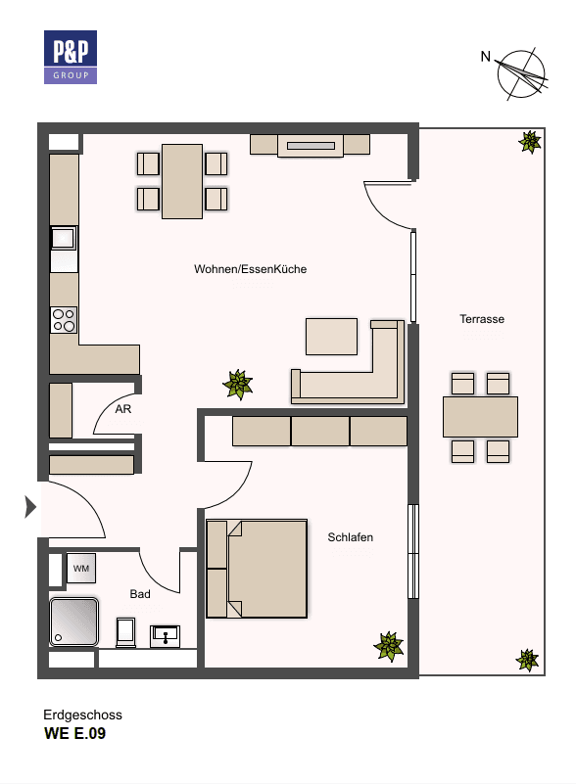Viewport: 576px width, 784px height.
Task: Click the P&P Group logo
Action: (70, 57)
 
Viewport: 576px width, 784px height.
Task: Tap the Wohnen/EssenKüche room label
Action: (251, 269)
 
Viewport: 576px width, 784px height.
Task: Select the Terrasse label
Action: (482, 319)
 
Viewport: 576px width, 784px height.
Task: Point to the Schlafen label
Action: (351, 537)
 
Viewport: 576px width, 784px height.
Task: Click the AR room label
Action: (123, 409)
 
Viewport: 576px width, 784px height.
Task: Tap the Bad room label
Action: (140, 593)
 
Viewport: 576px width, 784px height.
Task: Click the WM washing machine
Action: (80, 567)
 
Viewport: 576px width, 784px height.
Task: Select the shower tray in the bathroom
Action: (74, 623)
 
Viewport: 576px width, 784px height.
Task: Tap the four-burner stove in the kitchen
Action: (64, 320)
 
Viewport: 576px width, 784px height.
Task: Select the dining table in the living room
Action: (182, 181)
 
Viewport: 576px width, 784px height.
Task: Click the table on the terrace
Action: (480, 417)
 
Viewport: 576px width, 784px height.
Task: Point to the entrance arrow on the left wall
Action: (30, 507)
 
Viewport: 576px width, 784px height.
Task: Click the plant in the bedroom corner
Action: (389, 645)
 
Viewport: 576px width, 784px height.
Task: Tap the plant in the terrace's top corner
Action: (529, 142)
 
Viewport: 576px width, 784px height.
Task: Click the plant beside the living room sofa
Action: (237, 384)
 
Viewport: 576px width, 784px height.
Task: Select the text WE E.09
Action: (74, 733)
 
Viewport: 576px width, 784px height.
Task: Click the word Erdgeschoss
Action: (83, 715)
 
